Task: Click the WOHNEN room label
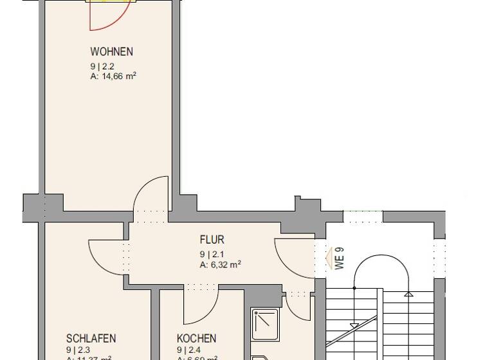(x=111, y=52)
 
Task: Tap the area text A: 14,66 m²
(x=113, y=76)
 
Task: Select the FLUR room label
(x=212, y=240)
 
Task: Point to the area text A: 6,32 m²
(x=220, y=264)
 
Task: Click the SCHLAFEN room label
(x=91, y=339)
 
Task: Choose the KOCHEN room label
(x=196, y=339)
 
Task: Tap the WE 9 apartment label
(x=340, y=258)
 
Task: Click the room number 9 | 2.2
(x=102, y=66)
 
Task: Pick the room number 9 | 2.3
(x=78, y=350)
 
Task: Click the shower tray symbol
(x=265, y=324)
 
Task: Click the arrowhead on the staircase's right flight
(x=408, y=294)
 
